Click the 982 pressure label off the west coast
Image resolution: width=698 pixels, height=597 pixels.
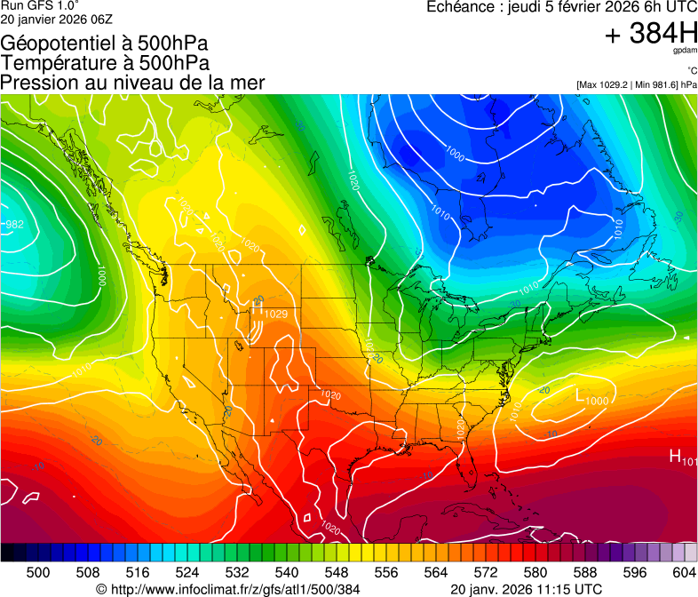[x=14, y=225]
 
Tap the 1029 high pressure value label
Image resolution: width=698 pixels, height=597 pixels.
[x=275, y=314]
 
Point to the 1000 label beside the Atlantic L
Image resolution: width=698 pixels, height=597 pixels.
[x=597, y=401]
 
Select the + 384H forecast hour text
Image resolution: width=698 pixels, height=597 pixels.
[x=651, y=34]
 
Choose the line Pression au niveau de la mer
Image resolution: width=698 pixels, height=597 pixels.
[x=132, y=83]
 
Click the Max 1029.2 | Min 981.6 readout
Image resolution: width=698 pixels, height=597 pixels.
[x=636, y=84]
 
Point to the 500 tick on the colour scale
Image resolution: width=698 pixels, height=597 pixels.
[x=38, y=571]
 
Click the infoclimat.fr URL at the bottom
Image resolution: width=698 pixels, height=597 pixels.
[x=227, y=589]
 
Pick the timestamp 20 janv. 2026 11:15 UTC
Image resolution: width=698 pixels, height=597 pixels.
[x=527, y=589]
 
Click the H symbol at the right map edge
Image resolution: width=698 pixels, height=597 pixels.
[x=675, y=457]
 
